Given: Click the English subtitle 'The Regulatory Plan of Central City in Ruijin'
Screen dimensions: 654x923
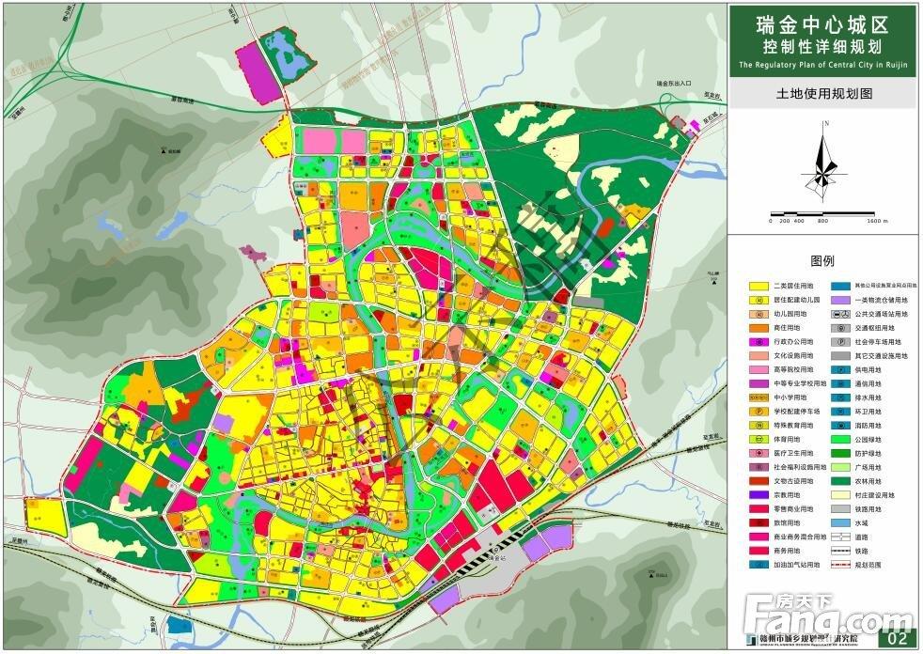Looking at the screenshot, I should click(822, 65).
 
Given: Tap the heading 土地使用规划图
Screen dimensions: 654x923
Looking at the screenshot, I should click(822, 94).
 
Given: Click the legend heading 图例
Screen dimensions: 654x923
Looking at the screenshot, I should click(822, 261).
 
